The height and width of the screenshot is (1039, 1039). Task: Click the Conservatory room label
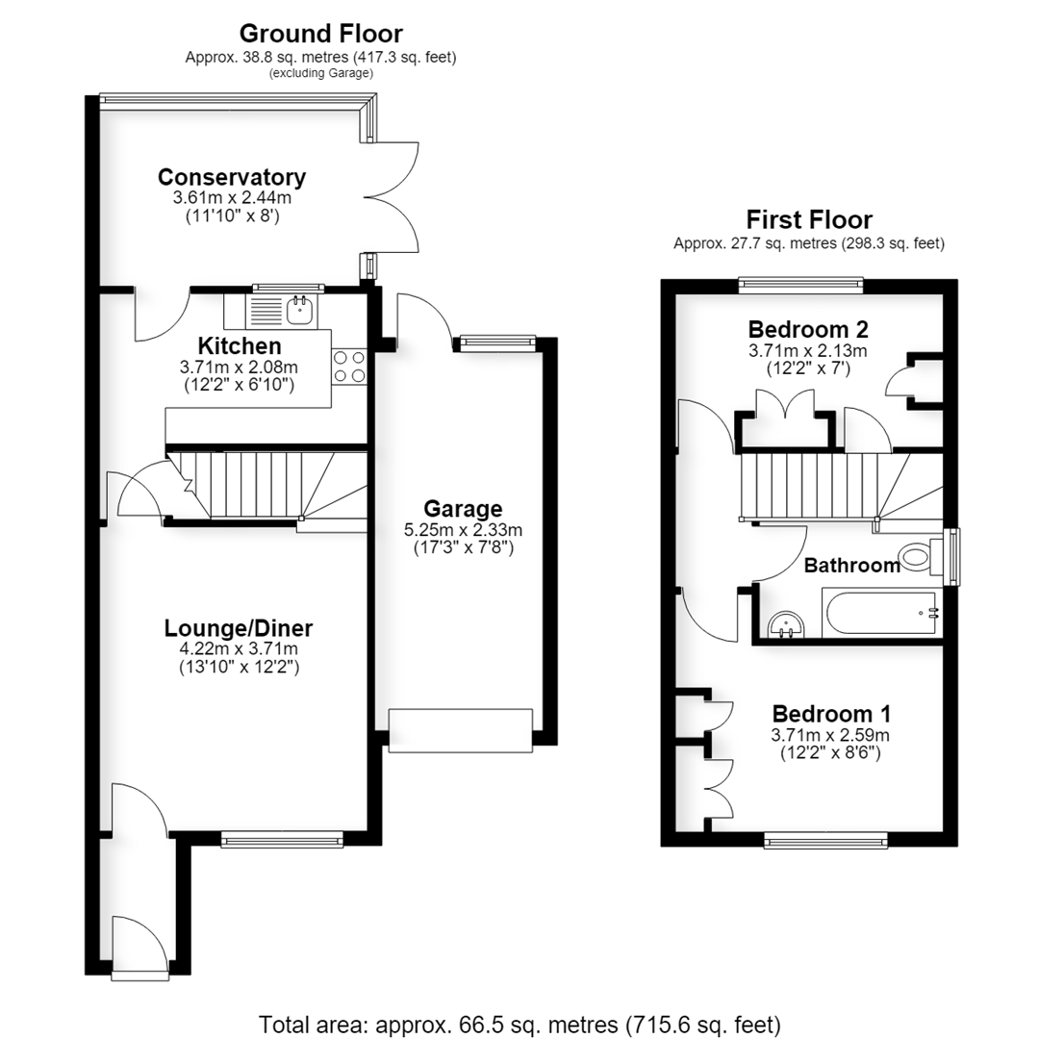pyautogui.click(x=232, y=177)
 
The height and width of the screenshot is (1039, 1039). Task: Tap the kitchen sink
pyautogui.click(x=301, y=310)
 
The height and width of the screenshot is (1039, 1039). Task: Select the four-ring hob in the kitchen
pyautogui.click(x=349, y=367)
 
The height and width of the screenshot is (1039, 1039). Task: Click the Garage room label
pyautogui.click(x=463, y=508)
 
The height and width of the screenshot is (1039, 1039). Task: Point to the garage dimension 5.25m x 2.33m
pyautogui.click(x=463, y=530)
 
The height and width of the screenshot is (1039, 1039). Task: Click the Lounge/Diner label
pyautogui.click(x=239, y=627)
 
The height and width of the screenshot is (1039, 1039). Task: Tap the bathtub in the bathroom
pyautogui.click(x=881, y=612)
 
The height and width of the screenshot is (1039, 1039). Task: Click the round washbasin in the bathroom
pyautogui.click(x=786, y=624)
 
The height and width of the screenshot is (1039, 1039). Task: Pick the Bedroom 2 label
pyautogui.click(x=808, y=329)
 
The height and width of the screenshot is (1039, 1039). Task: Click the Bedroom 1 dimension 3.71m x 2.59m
pyautogui.click(x=830, y=735)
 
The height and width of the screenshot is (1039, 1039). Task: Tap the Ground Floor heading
pyautogui.click(x=320, y=33)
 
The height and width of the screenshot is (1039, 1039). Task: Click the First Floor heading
pyautogui.click(x=809, y=219)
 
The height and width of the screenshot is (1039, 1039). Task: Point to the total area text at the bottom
pyautogui.click(x=519, y=1025)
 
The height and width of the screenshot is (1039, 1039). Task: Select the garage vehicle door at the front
pyautogui.click(x=461, y=730)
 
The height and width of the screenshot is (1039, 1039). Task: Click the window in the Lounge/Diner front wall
pyautogui.click(x=282, y=840)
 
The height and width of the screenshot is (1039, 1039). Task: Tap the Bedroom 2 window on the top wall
pyautogui.click(x=801, y=285)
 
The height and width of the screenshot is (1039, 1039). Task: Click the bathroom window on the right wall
pyautogui.click(x=950, y=557)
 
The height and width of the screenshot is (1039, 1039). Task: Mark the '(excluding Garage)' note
pyautogui.click(x=320, y=73)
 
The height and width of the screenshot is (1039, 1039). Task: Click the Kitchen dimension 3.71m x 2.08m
pyautogui.click(x=239, y=367)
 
